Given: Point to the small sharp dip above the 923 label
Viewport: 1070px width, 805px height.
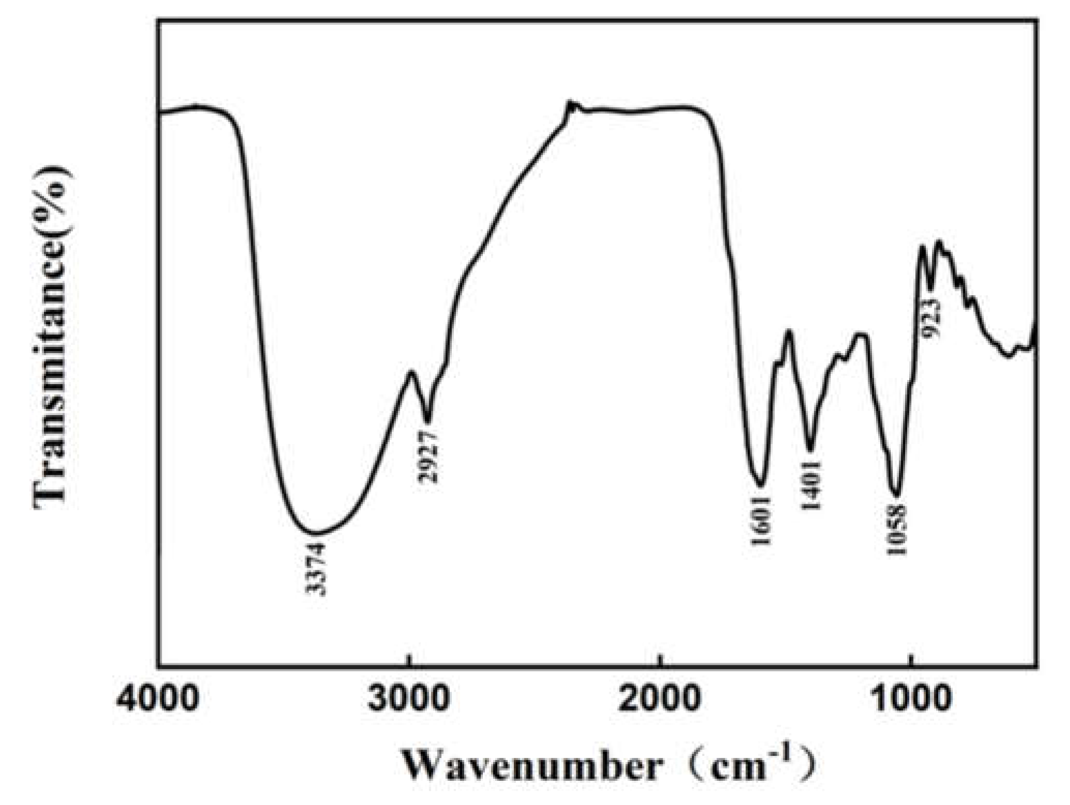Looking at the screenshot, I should tap(930, 290).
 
